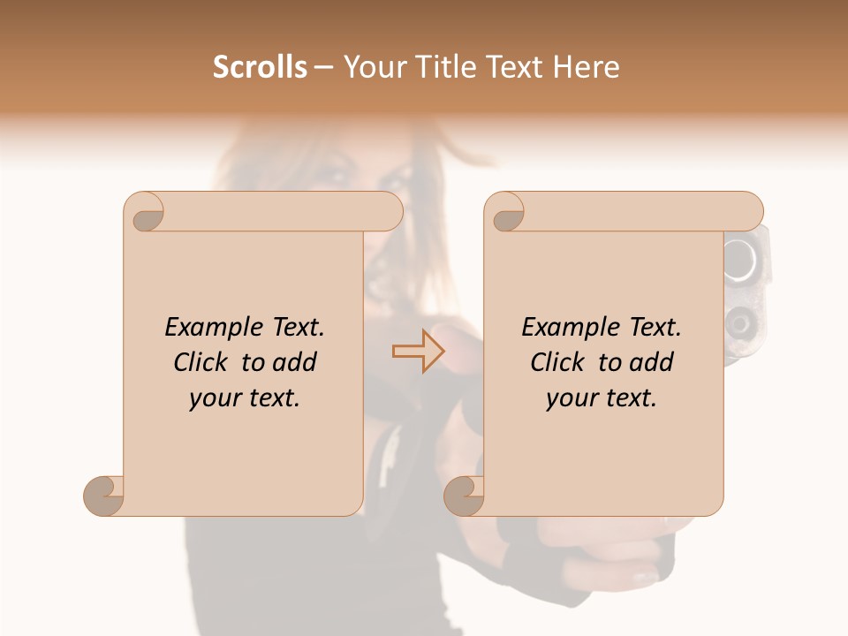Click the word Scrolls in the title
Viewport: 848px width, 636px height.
coord(260,67)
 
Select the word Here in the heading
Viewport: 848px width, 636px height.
coord(587,67)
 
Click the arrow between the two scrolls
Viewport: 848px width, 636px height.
coord(418,352)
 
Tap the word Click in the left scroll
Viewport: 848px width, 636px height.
coord(203,362)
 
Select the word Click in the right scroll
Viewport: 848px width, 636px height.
coord(560,362)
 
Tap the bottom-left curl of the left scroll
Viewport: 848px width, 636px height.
coord(104,495)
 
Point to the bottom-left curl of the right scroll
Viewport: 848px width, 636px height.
coord(464,495)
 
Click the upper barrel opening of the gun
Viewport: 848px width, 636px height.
coord(742,257)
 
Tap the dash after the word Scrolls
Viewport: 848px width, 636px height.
coord(323,68)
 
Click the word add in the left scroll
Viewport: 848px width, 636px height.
coord(295,362)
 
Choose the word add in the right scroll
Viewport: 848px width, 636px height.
coord(652,362)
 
